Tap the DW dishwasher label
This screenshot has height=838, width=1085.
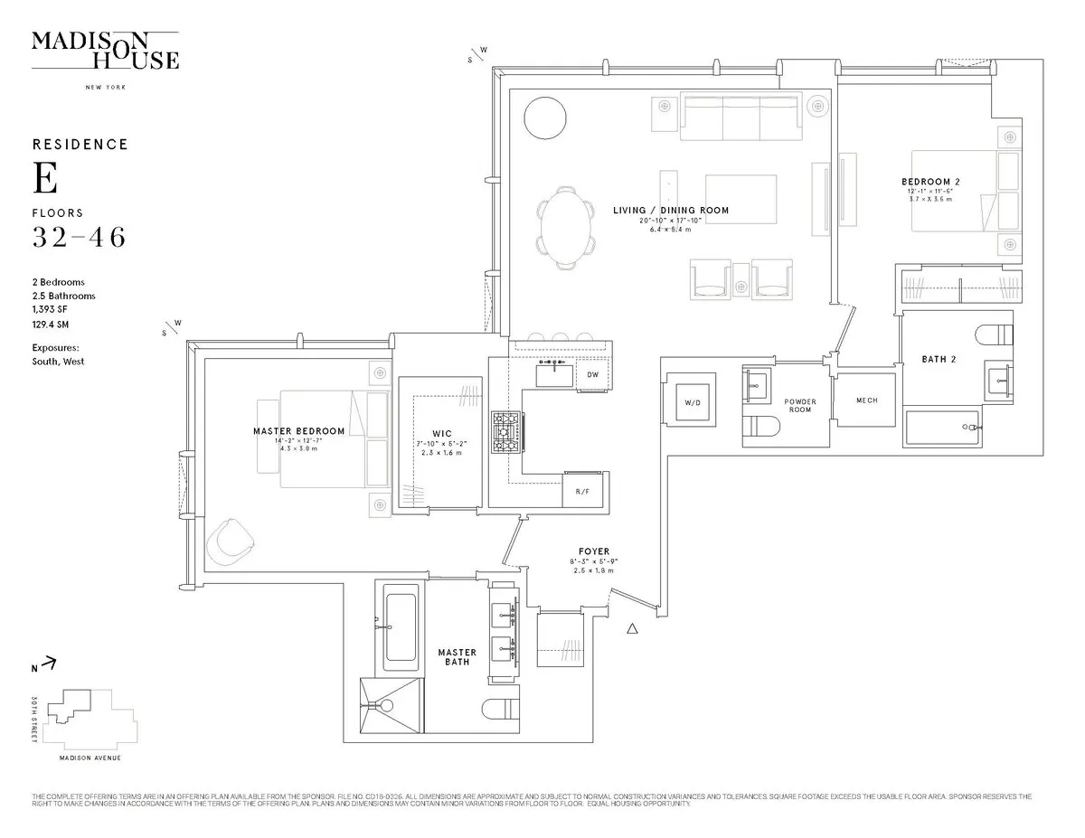coord(592,374)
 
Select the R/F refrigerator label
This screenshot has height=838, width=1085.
coord(581,492)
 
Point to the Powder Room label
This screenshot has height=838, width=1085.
coord(799,406)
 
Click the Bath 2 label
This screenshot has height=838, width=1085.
coord(939,359)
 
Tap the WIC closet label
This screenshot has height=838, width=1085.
coord(441,433)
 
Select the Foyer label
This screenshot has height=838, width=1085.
coord(594,551)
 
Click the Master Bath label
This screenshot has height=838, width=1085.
coord(457,657)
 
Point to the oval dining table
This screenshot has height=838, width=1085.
coord(566,227)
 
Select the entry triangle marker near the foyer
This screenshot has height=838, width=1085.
coord(633,628)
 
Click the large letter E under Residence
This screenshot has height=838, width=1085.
coord(45,179)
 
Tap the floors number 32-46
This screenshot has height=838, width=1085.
coord(79,238)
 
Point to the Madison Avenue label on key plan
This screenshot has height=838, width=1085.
coord(90,758)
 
